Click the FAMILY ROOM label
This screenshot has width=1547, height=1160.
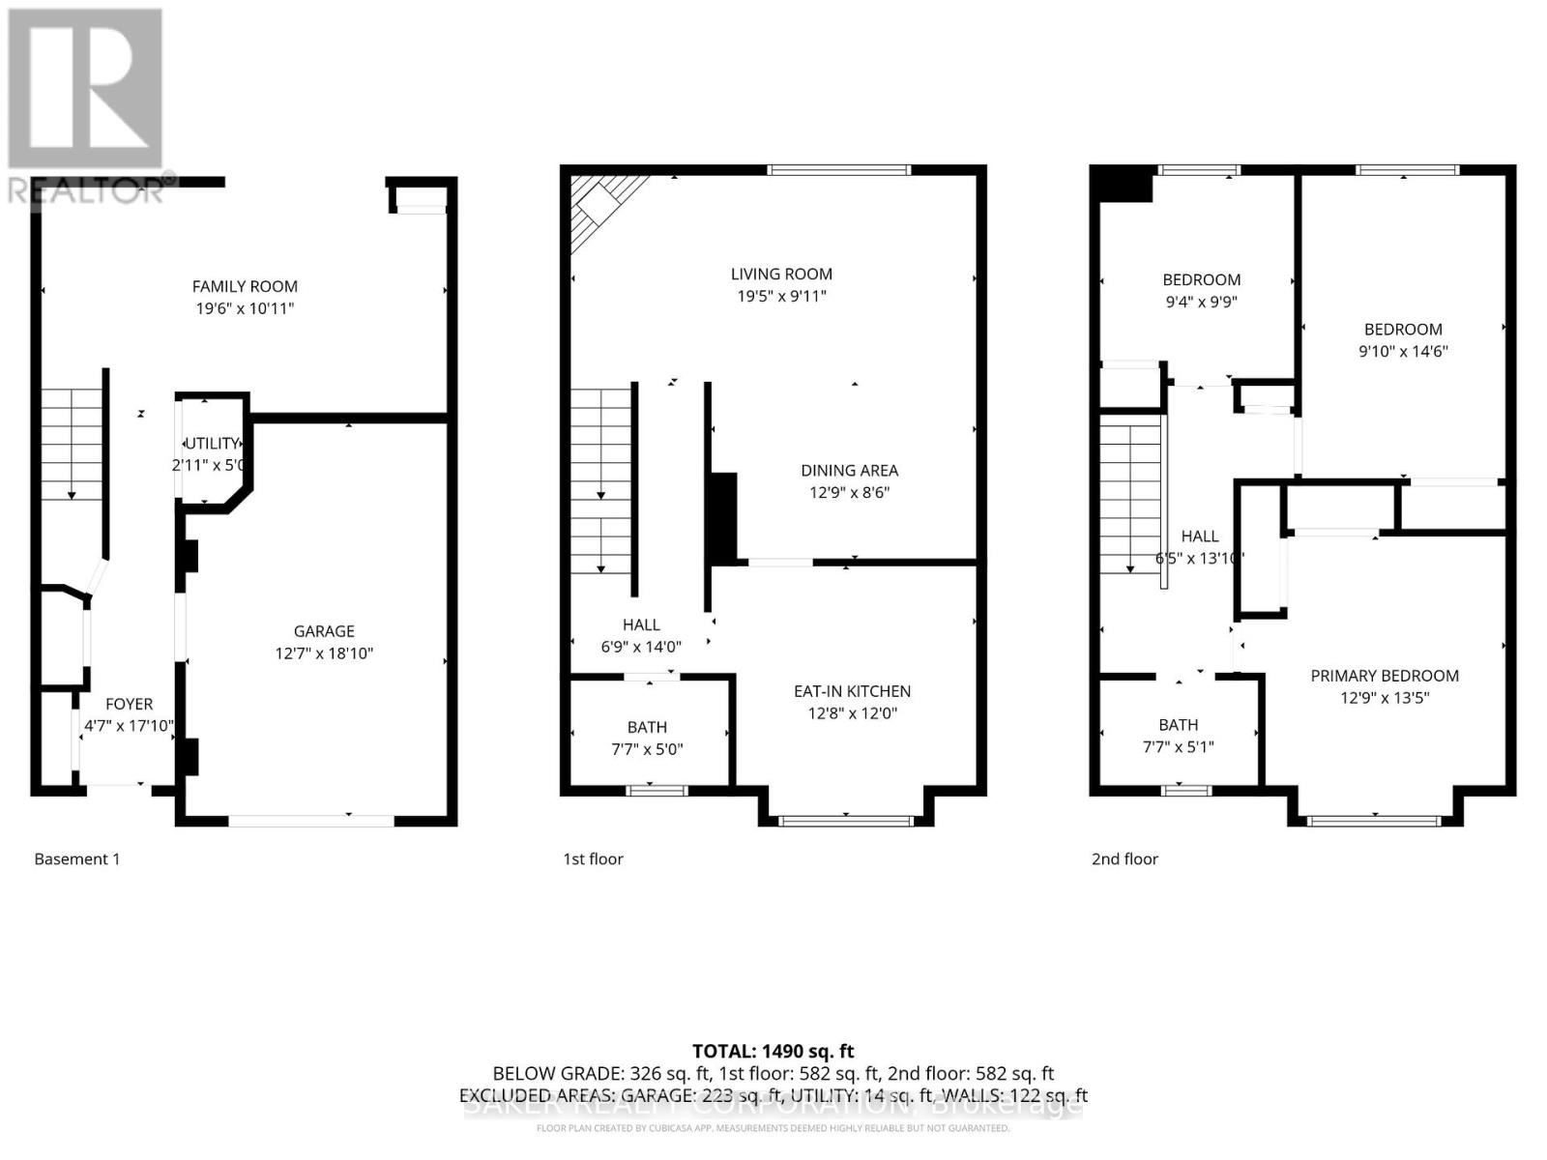[x=245, y=286]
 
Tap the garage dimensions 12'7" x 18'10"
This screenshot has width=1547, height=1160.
[x=324, y=653]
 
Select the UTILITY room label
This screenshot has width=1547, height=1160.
[x=212, y=444]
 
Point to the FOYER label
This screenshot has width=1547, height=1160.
[x=129, y=705]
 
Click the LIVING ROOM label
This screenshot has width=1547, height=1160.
[x=781, y=275]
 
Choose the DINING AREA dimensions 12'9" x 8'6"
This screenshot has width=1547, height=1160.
[x=849, y=493]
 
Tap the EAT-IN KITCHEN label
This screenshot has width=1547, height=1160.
[x=852, y=691]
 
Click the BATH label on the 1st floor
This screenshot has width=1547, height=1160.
[x=647, y=727]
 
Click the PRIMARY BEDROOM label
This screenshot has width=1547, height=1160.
[x=1385, y=676]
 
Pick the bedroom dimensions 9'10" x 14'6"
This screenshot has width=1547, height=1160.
[x=1403, y=352]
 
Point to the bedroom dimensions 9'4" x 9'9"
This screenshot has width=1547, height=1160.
[x=1201, y=302]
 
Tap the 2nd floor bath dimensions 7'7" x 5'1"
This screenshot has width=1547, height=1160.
[x=1179, y=746]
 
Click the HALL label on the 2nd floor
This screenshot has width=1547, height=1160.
[x=1200, y=536]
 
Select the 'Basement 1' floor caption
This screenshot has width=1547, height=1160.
[x=77, y=858]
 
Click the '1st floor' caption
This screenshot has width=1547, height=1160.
[x=593, y=858]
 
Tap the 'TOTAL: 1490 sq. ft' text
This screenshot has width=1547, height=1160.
[x=773, y=1051]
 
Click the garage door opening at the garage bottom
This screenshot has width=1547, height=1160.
[x=311, y=821]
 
